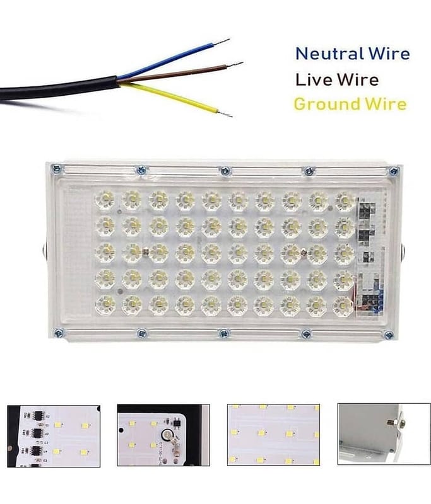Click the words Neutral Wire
353,54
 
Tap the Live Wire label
337,80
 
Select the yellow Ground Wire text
350,104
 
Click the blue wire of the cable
174,59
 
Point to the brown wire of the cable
180,73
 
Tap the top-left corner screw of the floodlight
56,168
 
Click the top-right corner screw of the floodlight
394,171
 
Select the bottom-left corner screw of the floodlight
59,333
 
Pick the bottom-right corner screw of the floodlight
389,335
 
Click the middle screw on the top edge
225,171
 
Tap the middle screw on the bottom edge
225,333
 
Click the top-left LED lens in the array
105,199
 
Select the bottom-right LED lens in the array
343,306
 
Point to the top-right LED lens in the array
345,202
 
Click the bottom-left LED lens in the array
105,304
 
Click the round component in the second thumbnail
167,435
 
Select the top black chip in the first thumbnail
37,415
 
